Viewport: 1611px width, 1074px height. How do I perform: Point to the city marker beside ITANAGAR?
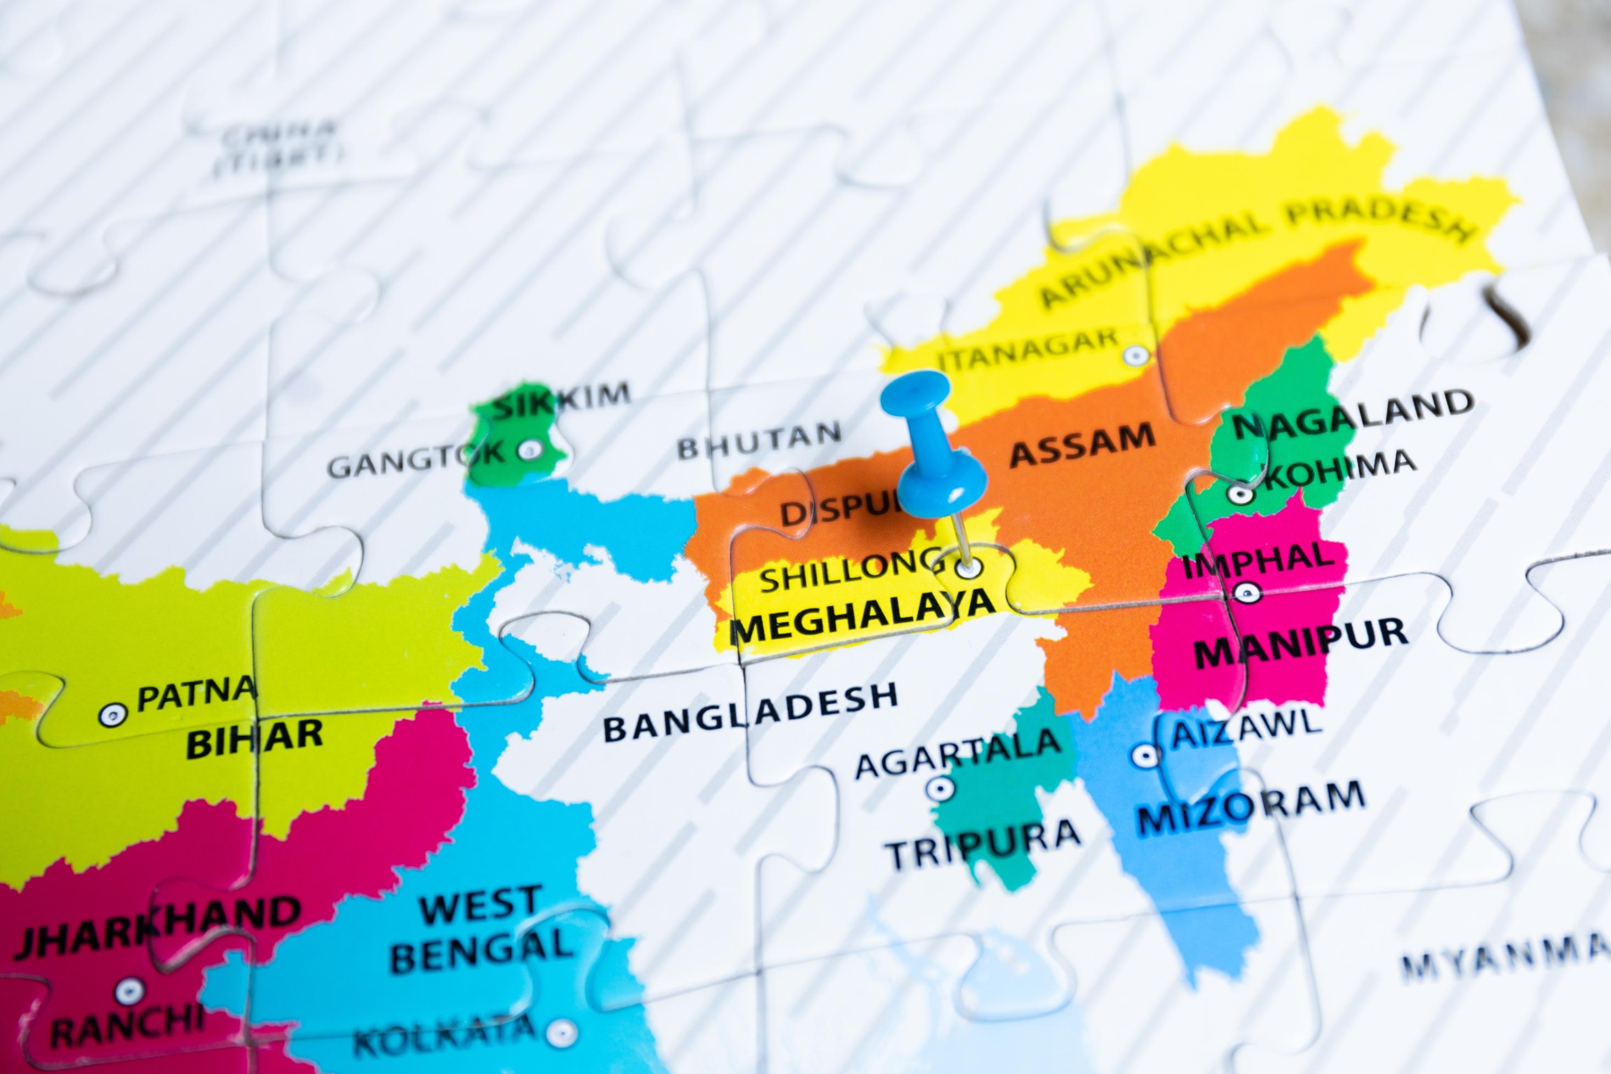coord(1135,355)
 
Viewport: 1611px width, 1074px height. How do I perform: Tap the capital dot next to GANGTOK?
coord(529,450)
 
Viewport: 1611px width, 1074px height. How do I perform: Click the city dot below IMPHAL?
coord(1246,591)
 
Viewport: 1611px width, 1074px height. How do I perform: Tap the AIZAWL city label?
coord(1243,727)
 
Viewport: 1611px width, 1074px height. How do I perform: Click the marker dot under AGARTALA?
coord(940,788)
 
